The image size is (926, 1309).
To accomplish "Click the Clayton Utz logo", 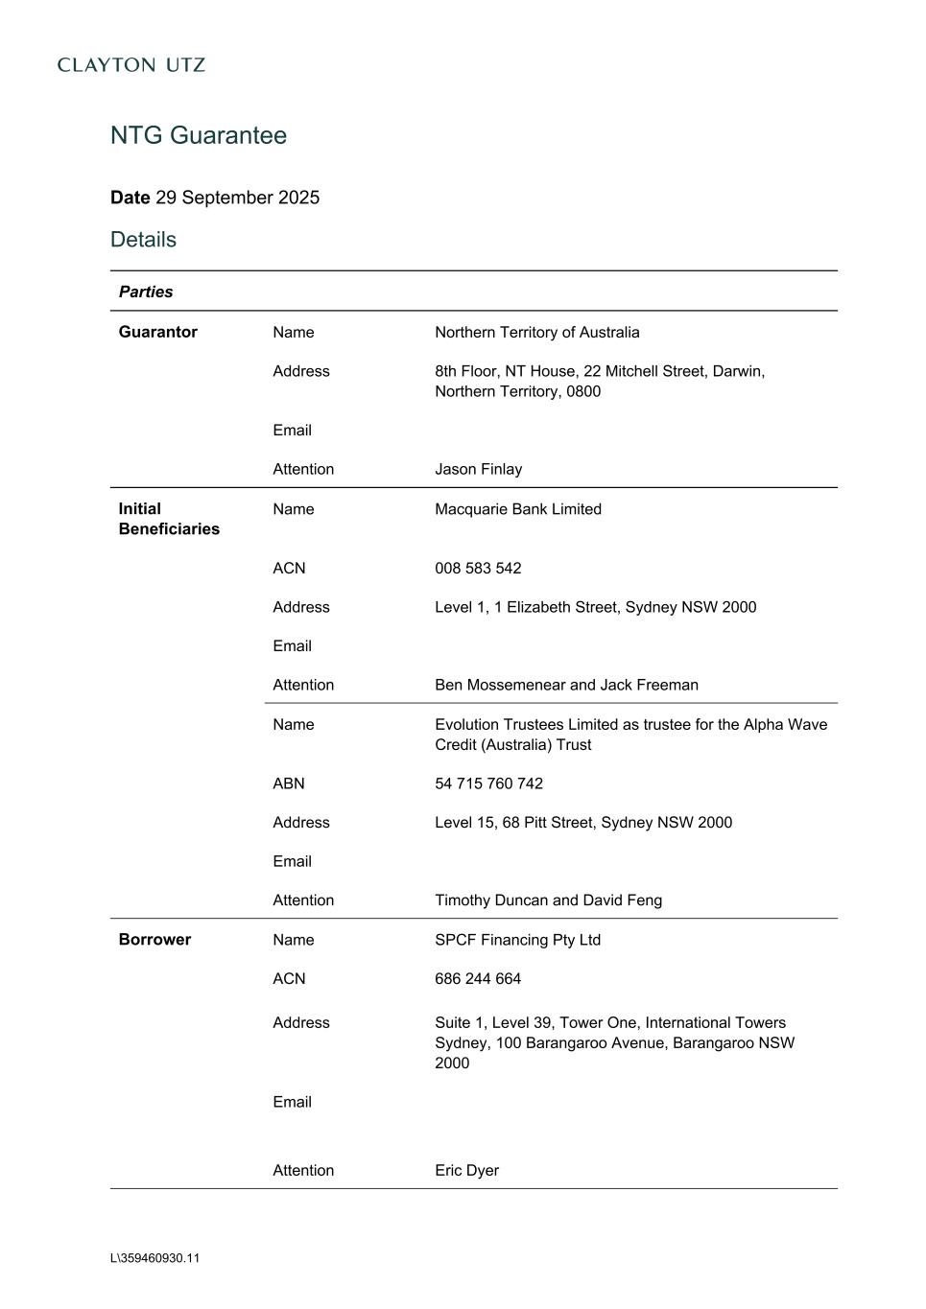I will pos(131,65).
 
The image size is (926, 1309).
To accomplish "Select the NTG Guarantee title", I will pos(199,135).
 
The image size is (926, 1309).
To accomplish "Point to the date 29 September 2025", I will pos(237,198).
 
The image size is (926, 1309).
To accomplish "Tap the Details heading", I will pos(143,240).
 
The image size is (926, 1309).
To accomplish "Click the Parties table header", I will pos(146,292).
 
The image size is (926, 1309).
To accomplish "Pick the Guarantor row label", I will pos(157,332).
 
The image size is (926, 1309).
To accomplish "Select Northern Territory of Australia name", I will pos(536,332).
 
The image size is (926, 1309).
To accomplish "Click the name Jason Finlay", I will pos(478,469).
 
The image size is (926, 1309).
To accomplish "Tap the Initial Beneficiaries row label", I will pos(169,519).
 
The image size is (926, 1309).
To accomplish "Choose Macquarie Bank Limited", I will pos(517,509).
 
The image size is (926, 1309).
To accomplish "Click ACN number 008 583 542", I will pos(478,568).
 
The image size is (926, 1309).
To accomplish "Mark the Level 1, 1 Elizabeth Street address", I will pos(595,607).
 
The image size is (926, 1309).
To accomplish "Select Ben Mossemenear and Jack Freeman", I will pos(566,685).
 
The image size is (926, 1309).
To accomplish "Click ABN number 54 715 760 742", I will pos(488,783).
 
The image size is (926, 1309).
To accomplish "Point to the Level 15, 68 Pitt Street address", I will pos(582,822).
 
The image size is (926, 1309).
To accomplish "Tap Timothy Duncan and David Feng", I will pos(548,900).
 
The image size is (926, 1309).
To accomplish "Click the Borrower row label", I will pos(154,940).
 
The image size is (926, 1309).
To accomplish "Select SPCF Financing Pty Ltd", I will pos(517,940).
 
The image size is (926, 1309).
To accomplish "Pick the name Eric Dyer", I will pos(466,1170).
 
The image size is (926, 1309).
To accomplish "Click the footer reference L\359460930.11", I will pos(154,1258).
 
